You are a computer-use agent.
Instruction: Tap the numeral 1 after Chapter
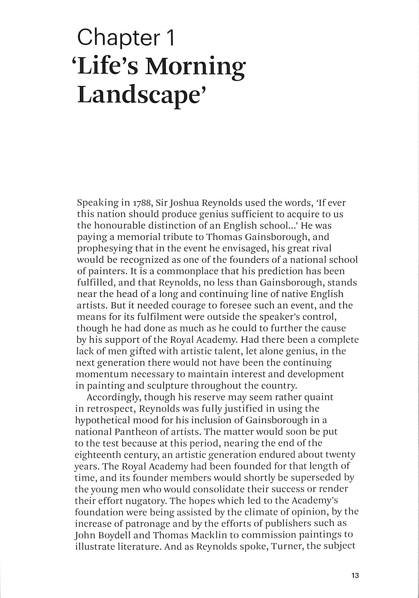tap(170, 38)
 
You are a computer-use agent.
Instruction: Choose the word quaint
tap(319, 397)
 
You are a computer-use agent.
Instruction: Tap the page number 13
tap(355, 576)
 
